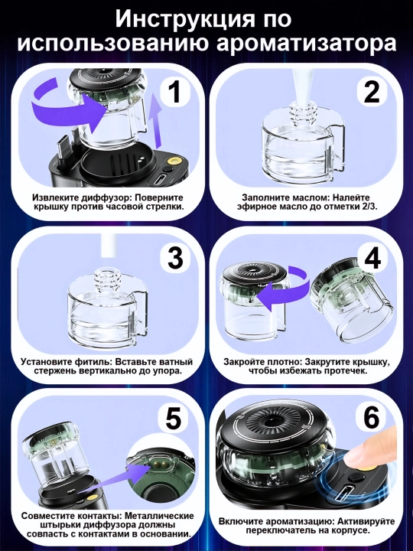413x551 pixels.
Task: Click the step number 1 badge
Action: tap(175, 92)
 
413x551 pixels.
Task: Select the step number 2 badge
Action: tap(372, 92)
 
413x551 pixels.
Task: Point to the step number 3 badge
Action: tap(175, 259)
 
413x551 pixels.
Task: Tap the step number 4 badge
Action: tap(372, 259)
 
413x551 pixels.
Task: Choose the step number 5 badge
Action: tap(174, 419)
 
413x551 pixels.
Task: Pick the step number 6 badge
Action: tap(371, 419)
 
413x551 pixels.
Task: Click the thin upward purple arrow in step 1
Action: tap(154, 121)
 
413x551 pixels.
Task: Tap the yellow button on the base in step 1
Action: tap(174, 161)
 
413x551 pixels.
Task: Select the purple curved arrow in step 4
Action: tap(280, 290)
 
